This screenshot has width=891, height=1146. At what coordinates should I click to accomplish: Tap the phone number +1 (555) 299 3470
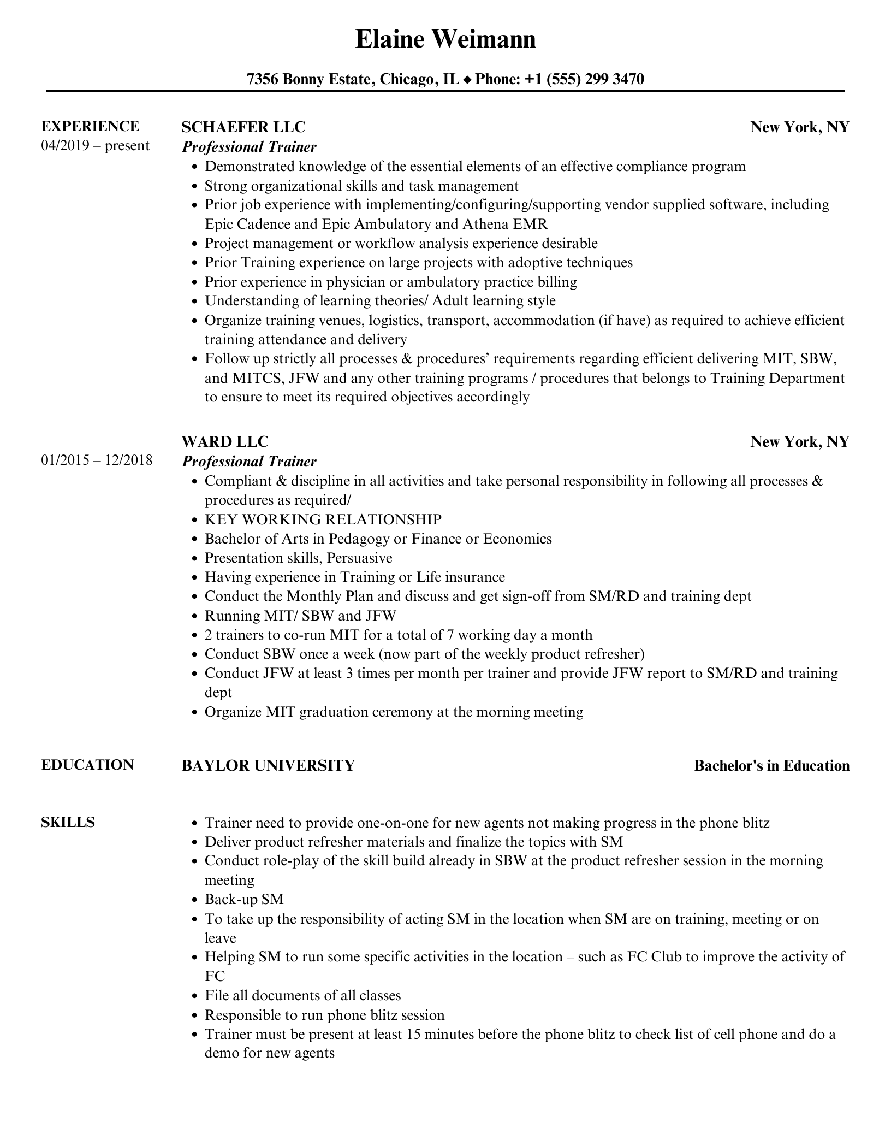pos(584,79)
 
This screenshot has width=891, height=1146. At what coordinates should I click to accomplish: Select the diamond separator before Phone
pos(467,80)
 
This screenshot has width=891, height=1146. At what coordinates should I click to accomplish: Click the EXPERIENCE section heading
pos(90,126)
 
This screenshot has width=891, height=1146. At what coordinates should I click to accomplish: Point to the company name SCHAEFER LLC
pos(243,127)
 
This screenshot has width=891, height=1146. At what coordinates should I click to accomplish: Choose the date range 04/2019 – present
pos(95,146)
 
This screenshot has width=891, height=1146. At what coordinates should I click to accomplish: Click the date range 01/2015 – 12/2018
pos(97,460)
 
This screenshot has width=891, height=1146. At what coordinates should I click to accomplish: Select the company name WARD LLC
pos(225,441)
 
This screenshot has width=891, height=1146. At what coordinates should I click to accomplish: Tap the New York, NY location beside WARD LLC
pos(799,441)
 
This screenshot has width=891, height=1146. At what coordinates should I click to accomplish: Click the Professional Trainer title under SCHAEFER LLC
pos(249,147)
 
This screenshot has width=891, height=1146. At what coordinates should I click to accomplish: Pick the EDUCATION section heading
pos(87,765)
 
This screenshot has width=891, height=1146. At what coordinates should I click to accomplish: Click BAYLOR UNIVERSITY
pos(268,765)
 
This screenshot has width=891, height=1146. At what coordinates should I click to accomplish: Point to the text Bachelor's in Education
pos(771,766)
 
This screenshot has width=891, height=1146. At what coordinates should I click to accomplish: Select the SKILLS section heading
pos(68,822)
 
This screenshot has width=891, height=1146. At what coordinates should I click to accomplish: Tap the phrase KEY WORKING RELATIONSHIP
pos(323,519)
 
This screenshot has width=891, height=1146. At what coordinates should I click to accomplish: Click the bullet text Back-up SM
pos(244,899)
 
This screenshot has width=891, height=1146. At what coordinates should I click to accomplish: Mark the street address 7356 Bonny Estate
pos(310,79)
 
